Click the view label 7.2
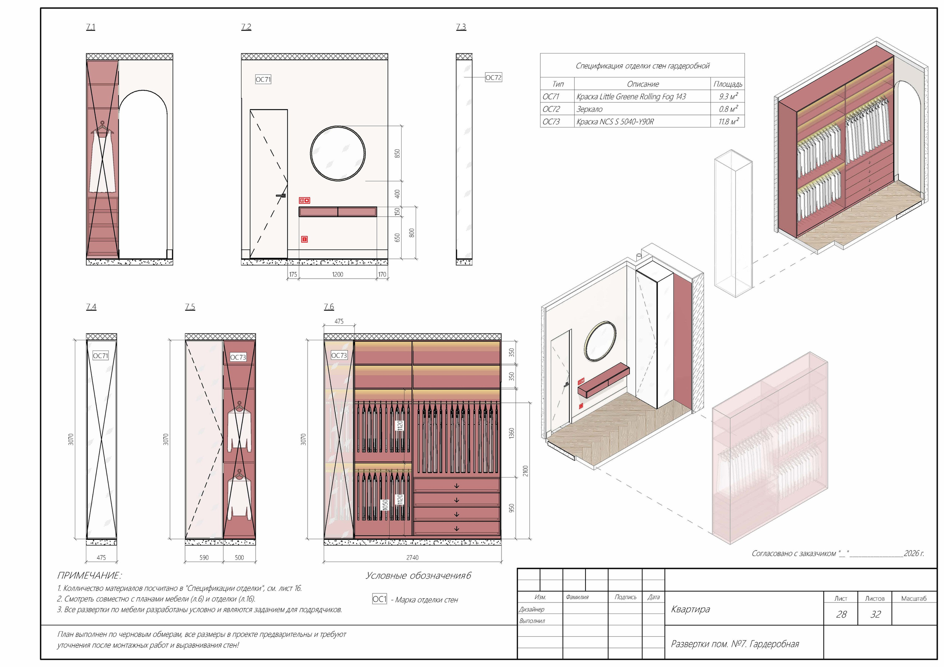(246, 27)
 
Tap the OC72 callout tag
(493, 77)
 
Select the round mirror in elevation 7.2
(337, 153)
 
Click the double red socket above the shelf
(304, 200)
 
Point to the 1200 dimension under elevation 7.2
(337, 275)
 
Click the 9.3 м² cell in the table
(728, 96)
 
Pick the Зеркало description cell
(589, 109)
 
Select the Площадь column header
(728, 84)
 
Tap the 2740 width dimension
(412, 558)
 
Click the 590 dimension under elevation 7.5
(204, 558)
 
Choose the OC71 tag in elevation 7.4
(101, 356)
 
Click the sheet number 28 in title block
(841, 614)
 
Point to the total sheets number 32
(875, 614)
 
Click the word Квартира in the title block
(690, 609)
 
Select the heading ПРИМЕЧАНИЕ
(89, 575)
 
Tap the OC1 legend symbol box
(379, 599)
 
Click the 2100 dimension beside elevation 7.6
(525, 471)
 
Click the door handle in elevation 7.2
(282, 196)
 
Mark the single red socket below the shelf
(304, 239)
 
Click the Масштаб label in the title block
(913, 598)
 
